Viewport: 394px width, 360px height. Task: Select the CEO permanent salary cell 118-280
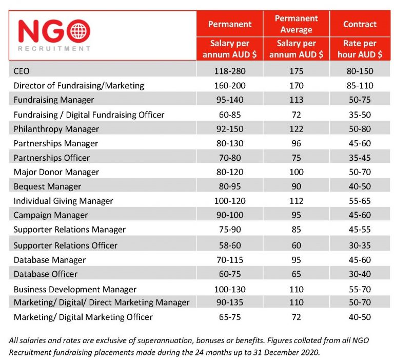(229, 71)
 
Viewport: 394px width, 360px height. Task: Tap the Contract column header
(360, 24)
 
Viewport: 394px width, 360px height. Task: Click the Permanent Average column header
(296, 24)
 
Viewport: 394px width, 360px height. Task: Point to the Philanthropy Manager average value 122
(296, 128)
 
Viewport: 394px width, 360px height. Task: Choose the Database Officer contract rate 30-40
(360, 274)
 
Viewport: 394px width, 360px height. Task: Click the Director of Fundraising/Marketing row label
(78, 85)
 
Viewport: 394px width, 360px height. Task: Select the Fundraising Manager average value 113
(296, 100)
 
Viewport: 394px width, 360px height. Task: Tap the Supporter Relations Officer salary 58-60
(229, 245)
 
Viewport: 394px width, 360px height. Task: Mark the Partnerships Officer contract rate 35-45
(360, 158)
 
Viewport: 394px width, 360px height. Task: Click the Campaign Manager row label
(51, 215)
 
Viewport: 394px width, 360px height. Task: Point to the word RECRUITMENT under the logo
(54, 49)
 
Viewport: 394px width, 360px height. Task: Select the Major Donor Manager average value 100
(296, 172)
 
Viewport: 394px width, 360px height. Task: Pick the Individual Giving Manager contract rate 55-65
(360, 201)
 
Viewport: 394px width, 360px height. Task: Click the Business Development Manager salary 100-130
(229, 289)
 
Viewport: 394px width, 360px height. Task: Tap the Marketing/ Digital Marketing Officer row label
(83, 317)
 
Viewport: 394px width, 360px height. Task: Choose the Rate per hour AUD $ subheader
(360, 49)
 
